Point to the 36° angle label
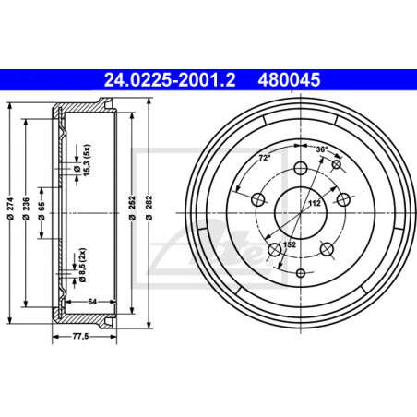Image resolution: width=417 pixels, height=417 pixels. tap(322, 149)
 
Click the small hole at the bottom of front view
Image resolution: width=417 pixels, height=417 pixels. tap(301, 274)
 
